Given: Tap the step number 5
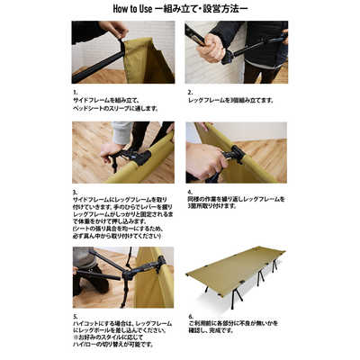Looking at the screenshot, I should (76, 318).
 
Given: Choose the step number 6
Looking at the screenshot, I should (190, 318).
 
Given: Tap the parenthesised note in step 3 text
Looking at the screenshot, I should (118, 232).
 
